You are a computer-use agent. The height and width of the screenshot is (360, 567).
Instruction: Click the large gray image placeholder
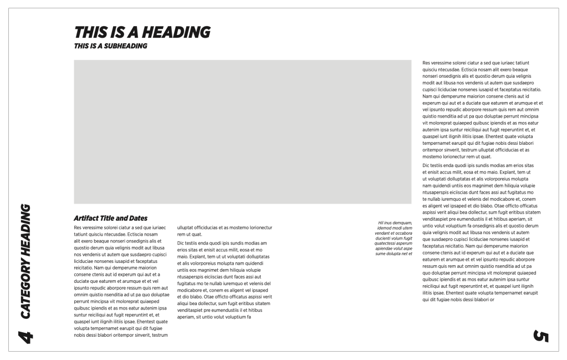click(242, 131)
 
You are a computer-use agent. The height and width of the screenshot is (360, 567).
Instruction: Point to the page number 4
click(24, 334)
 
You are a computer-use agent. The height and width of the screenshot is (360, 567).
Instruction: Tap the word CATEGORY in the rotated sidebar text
click(25, 288)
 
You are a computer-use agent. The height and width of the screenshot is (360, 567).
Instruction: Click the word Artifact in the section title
click(87, 218)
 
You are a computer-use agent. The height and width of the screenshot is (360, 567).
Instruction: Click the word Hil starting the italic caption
click(381, 223)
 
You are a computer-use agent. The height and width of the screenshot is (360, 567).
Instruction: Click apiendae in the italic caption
click(386, 249)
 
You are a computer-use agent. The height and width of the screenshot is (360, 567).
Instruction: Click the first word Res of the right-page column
click(426, 63)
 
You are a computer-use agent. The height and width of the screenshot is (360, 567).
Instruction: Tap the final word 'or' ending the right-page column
click(492, 300)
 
